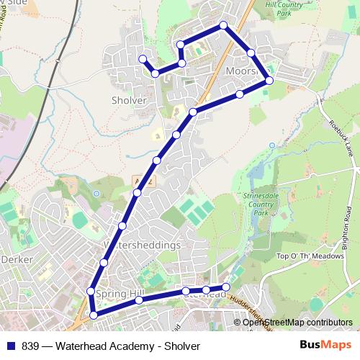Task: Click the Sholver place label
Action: coord(130,101)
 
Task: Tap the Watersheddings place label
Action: coord(142,246)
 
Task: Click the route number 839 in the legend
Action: coord(30,346)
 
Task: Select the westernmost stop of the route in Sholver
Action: coord(143,59)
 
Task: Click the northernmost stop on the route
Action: coord(224,26)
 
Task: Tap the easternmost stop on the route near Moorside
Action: coord(269,80)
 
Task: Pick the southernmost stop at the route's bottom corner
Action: coord(93,315)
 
